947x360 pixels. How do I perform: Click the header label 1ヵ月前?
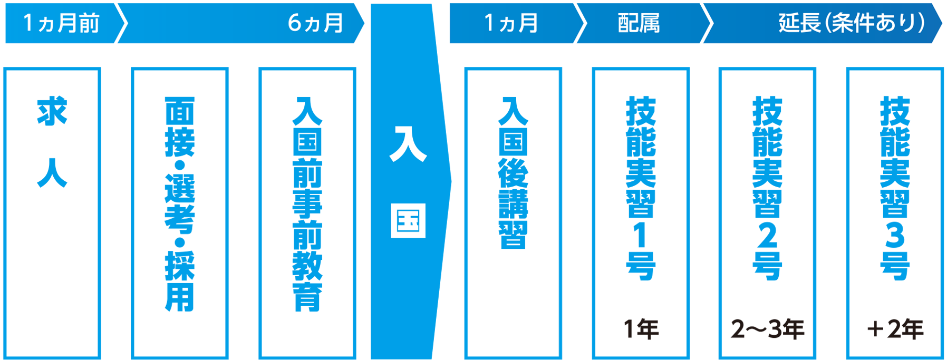pos(61,23)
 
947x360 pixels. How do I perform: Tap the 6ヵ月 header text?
pos(315,23)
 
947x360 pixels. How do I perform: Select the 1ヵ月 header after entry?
pos(511,23)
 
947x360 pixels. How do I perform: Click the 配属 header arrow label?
pos(639,23)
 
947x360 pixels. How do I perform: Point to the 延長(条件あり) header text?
pos(851,23)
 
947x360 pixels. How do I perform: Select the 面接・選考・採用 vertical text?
pos(180,203)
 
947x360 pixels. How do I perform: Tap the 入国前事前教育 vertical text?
pos(307,203)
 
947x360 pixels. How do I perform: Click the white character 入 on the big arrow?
pos(408,143)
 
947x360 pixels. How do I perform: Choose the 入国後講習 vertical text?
pos(513,172)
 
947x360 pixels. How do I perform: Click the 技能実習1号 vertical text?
pos(641,188)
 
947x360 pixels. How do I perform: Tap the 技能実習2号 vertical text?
pos(768,188)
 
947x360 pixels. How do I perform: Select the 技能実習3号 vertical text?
pos(895,188)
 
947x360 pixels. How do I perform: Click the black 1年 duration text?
pos(641,329)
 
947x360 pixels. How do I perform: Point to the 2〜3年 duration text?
pos(767,329)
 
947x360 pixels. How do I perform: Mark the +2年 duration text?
pos(895,329)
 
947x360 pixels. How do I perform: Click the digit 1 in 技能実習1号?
pos(641,235)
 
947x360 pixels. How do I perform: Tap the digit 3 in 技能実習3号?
pos(895,235)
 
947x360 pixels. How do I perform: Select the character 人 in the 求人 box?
pos(52,172)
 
